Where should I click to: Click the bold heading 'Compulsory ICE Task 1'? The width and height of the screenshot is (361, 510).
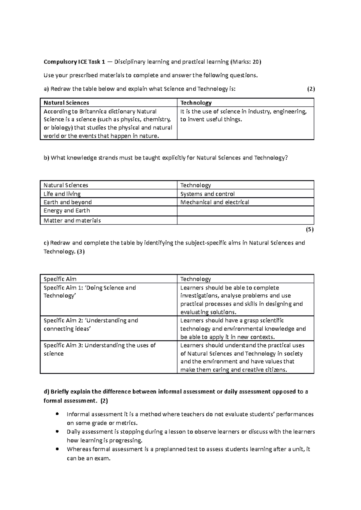coord(74,62)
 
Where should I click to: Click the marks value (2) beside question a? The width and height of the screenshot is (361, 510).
coord(311,89)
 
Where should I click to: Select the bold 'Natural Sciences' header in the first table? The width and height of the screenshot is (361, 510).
coord(66,103)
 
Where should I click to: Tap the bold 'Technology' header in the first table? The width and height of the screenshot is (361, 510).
coord(196,103)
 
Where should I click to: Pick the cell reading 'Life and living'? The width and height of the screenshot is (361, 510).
coord(62,194)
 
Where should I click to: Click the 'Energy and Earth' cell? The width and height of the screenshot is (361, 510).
coord(66,211)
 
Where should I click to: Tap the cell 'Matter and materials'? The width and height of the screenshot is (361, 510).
coord(72,220)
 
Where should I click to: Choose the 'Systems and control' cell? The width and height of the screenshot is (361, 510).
coord(207,194)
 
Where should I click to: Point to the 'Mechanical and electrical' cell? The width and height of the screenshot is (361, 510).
coord(214,202)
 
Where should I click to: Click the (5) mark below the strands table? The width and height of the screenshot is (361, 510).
coord(310,230)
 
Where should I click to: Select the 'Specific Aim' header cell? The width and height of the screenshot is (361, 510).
coord(60,279)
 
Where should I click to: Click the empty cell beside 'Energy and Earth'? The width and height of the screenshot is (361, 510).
coord(245,211)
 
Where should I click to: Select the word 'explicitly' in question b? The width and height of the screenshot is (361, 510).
coord(174,158)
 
